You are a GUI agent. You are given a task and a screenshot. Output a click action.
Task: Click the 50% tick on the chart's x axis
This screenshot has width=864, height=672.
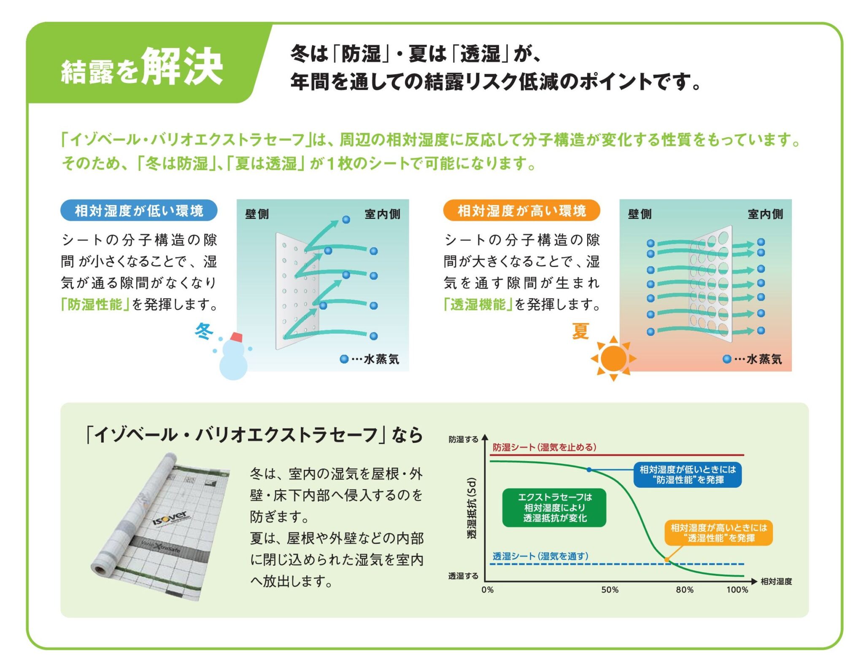[610, 590]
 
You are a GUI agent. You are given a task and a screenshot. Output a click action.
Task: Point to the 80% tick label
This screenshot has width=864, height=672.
[684, 590]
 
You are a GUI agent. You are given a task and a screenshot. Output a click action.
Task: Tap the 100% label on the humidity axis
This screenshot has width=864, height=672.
[737, 590]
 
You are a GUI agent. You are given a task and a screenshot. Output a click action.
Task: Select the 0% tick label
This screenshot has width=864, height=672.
[487, 590]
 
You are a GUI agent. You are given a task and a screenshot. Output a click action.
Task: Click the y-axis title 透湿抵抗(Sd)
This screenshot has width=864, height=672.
[472, 508]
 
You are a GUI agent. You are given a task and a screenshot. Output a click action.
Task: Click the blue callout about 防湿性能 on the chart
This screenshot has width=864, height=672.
[688, 475]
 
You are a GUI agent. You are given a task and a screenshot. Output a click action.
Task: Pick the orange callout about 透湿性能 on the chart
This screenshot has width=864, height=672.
[718, 533]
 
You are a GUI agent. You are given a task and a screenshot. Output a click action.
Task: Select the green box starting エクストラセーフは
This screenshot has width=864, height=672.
[554, 507]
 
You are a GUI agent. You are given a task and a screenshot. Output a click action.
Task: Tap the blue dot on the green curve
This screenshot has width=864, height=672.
[589, 470]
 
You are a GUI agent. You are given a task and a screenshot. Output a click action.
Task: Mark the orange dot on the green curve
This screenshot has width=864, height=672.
[667, 559]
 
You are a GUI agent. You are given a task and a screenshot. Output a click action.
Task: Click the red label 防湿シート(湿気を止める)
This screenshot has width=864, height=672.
[544, 447]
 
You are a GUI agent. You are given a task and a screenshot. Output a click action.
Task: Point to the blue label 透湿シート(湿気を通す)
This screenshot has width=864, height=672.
[540, 556]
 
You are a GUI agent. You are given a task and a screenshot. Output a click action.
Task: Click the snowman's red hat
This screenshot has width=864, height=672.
[236, 337]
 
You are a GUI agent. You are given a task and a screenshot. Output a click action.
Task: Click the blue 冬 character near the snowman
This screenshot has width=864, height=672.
[204, 331]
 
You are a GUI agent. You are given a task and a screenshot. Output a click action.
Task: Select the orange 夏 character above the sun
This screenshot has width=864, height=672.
[580, 331]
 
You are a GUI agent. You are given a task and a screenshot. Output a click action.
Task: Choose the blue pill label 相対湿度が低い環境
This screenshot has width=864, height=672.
[139, 211]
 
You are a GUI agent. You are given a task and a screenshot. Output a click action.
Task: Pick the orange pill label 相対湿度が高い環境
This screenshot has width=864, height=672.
[521, 211]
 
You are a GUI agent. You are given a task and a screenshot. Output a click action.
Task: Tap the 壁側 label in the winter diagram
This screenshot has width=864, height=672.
[257, 214]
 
